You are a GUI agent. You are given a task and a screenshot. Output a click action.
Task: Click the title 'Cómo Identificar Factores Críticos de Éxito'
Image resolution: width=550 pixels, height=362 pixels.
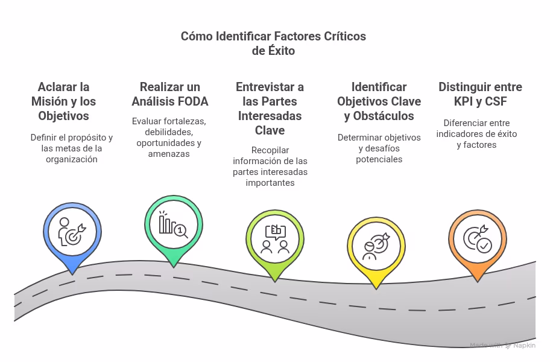273,43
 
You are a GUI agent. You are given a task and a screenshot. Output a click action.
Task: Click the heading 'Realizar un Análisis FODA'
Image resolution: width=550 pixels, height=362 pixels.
170,94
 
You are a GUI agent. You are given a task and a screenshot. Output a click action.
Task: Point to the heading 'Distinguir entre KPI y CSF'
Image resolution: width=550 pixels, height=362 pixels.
480,94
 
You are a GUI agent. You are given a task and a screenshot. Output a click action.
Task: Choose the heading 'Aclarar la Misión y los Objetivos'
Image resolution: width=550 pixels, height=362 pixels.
63,101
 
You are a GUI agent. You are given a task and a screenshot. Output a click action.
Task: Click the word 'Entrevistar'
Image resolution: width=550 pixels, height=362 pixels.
270,87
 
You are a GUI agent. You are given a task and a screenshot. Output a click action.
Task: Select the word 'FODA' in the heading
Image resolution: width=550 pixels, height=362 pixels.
192,101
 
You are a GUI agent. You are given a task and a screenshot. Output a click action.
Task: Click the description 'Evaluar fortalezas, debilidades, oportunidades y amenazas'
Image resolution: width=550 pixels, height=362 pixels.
169,138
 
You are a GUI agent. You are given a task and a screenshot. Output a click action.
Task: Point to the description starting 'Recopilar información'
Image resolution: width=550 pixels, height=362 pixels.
270,167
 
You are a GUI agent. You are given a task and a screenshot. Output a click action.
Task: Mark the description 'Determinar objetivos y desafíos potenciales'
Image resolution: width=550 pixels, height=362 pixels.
379,148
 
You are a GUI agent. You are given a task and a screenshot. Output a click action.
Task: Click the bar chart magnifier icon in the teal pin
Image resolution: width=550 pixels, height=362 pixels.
173,224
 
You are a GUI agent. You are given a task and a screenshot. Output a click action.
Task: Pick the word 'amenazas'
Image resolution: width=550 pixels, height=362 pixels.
169,154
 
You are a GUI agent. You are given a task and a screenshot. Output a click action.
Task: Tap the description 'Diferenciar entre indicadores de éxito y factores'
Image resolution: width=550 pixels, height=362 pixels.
476,134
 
